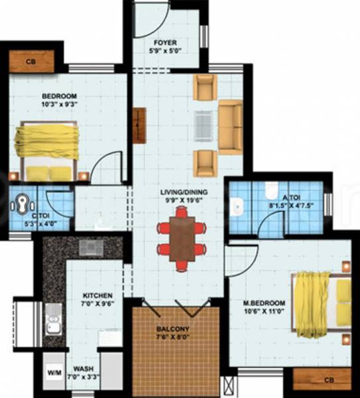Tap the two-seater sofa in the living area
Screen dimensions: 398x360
[231, 127]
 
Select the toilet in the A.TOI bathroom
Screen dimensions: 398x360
[268, 191]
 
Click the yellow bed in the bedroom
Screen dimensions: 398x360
[48, 150]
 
